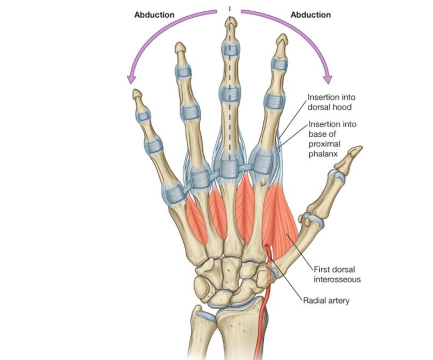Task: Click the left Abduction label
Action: (154, 15)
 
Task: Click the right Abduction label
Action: (310, 15)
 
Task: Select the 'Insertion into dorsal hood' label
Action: (331, 102)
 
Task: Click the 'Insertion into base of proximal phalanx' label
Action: (332, 139)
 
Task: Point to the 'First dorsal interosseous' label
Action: (337, 274)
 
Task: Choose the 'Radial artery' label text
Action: (326, 300)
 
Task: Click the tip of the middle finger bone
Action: (230, 22)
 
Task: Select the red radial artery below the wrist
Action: (262, 321)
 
